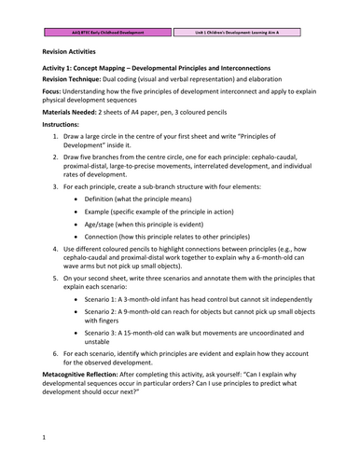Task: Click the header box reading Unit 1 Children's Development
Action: (250, 31)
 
